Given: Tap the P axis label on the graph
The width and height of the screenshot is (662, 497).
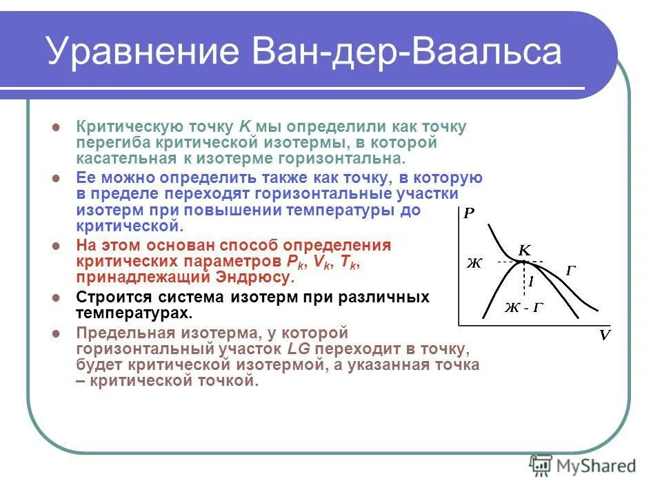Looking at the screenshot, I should (x=469, y=213).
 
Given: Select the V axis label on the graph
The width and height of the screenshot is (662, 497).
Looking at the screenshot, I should (x=605, y=335).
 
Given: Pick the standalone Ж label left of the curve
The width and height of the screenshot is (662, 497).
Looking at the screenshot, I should (x=474, y=263).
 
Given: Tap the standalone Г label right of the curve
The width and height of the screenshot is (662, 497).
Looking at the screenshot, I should (x=571, y=271).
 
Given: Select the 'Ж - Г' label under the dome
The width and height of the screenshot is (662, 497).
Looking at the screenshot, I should (x=523, y=308).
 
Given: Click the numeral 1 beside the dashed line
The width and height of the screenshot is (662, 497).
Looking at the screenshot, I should (x=531, y=282).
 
